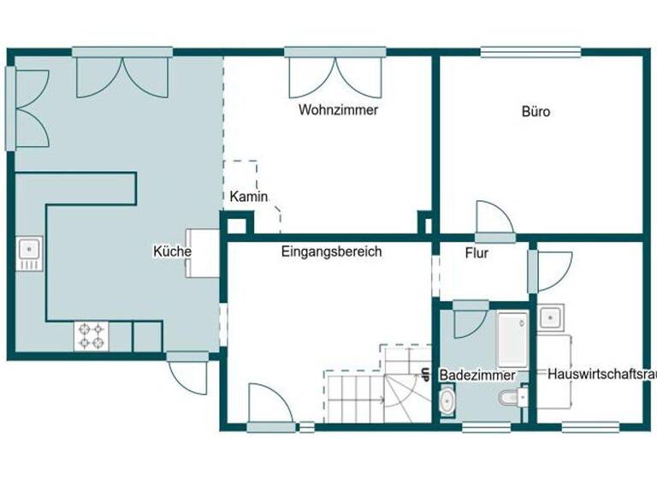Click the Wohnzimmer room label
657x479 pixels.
(338, 110)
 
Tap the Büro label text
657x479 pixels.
(536, 111)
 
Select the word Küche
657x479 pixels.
(171, 251)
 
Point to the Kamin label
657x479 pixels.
(249, 197)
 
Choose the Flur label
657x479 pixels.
(476, 253)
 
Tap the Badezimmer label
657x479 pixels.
(476, 376)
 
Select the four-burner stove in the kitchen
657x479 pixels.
(92, 335)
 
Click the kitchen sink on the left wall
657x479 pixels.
(28, 253)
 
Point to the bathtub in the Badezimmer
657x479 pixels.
(512, 337)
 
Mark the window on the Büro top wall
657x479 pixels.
(519, 52)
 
